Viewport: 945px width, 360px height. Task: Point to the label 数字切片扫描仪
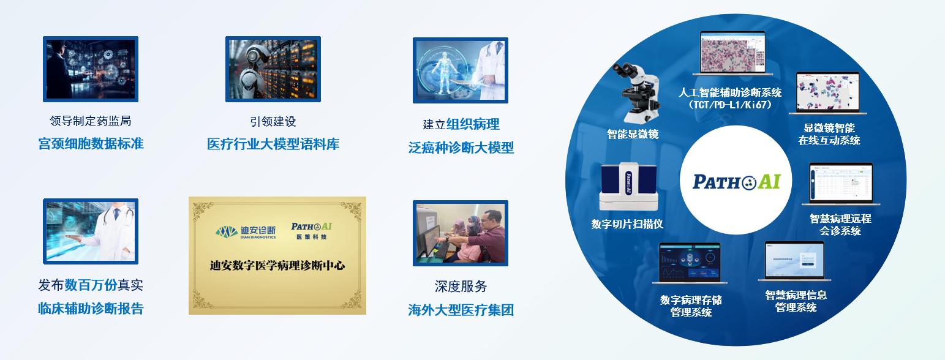(627, 224)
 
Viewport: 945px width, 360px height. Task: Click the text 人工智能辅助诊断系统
(730, 93)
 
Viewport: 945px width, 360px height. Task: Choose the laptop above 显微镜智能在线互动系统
(827, 93)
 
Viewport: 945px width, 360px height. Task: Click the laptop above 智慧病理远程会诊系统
(841, 184)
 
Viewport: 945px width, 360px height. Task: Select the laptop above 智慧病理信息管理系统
(794, 261)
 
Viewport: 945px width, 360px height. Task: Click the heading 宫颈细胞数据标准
(91, 144)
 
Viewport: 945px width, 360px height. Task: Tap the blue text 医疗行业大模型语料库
(273, 144)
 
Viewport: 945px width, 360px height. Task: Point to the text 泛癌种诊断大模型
(461, 148)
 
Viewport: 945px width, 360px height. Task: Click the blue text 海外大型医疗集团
(461, 310)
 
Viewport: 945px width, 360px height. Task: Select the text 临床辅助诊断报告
(91, 309)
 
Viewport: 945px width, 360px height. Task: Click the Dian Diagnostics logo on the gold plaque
(245, 231)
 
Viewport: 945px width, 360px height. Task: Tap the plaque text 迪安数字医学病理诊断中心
(277, 266)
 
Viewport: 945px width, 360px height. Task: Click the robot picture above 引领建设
(273, 69)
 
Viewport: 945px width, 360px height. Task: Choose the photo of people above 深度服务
(461, 233)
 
